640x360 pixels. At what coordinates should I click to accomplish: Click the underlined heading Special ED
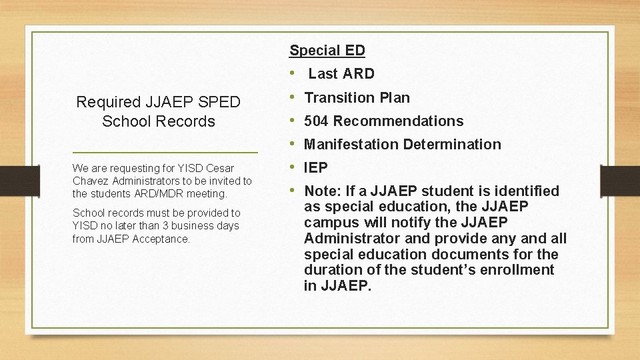click(327, 50)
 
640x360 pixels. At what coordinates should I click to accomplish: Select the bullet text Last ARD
click(341, 73)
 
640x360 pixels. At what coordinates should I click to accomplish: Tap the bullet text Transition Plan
click(357, 97)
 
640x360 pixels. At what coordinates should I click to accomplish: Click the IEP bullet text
click(315, 167)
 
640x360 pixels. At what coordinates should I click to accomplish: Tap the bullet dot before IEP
click(293, 167)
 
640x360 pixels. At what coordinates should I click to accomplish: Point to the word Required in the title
click(109, 102)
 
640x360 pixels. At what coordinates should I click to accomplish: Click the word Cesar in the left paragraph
click(220, 169)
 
